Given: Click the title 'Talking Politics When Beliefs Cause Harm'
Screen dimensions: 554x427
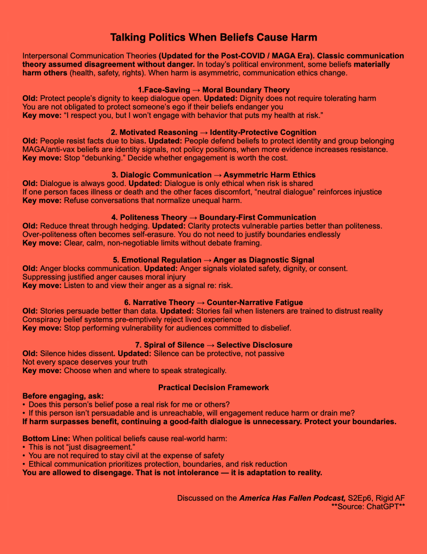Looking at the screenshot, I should [214, 37].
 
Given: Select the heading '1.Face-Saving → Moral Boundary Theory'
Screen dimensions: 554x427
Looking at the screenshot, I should [214, 90].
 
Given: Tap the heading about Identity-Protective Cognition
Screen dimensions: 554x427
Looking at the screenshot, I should [214, 132].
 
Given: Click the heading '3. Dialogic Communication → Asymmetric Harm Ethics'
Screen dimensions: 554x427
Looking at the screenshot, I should [214, 175].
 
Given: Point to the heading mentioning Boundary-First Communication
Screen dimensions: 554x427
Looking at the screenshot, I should [214, 217].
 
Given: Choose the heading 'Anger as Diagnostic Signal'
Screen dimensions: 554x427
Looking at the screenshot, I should [214, 260].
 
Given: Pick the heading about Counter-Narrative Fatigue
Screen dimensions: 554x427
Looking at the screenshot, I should [214, 302].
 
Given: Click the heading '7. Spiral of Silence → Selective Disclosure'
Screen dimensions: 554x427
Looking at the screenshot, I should [214, 345].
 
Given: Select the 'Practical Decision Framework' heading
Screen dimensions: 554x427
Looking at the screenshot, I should [214, 388].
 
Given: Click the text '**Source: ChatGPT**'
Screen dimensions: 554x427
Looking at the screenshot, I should [368, 507].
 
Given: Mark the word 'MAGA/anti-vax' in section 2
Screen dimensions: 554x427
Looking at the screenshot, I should [48, 149].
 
